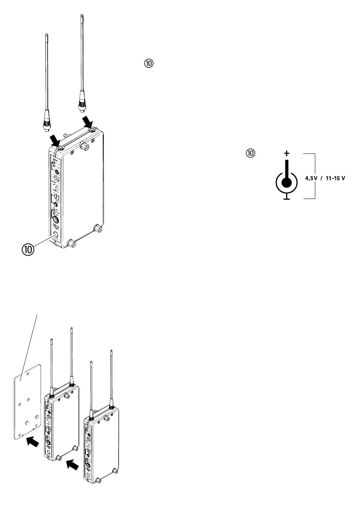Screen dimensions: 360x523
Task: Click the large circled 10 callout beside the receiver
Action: (x=27, y=250)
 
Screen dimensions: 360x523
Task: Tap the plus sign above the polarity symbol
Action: (x=287, y=153)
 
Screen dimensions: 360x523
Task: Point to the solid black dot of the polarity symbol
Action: (x=287, y=183)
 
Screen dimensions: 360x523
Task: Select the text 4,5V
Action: (x=311, y=177)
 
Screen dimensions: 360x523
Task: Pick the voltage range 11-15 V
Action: (x=334, y=177)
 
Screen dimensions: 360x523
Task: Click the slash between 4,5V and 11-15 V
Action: (x=321, y=177)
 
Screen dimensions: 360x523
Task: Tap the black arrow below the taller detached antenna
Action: (x=88, y=122)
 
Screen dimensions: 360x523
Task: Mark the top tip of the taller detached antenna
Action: (x=81, y=16)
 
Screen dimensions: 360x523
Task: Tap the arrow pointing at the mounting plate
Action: (x=33, y=442)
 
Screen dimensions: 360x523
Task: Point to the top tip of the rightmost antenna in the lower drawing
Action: (x=111, y=351)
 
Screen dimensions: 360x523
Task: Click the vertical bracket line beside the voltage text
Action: (x=315, y=176)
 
